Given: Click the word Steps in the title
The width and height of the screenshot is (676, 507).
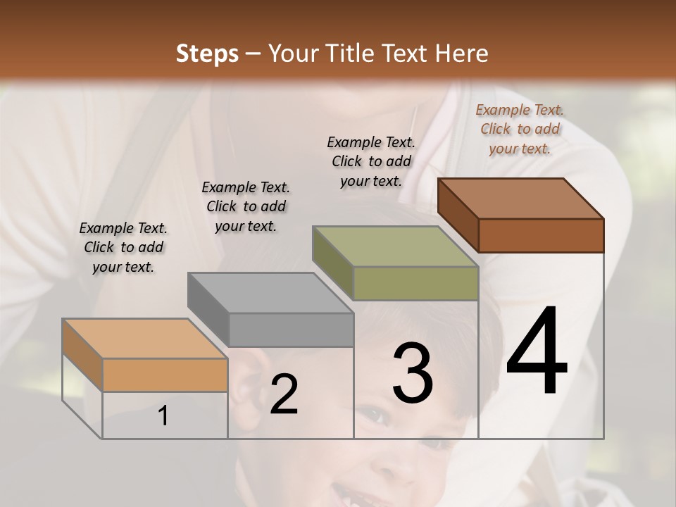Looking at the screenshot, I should (207, 54).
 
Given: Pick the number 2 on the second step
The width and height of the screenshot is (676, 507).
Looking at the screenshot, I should (284, 394).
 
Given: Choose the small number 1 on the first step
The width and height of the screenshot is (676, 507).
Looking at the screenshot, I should (163, 416).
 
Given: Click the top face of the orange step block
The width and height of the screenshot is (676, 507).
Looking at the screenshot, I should (145, 339).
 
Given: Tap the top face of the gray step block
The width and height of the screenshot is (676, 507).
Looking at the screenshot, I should (270, 292).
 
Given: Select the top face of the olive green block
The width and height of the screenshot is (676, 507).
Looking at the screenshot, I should (396, 246).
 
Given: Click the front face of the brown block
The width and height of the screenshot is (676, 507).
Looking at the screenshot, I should (541, 235).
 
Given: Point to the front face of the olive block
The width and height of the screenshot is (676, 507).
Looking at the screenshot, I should (415, 283).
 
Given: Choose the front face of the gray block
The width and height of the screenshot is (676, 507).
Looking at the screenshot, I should (291, 330).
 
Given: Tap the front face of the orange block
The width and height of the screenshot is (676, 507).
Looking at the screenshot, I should (165, 375).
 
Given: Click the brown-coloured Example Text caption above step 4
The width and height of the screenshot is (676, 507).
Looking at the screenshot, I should (520, 129).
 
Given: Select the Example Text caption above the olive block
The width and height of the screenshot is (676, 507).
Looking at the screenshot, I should (371, 161).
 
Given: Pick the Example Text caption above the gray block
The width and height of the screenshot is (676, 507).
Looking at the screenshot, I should (246, 206).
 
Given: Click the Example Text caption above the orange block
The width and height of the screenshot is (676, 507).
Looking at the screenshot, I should (123, 247).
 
